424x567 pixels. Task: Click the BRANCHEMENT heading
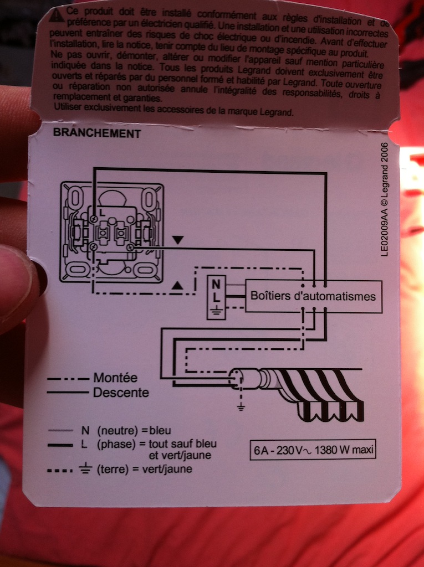[96, 133]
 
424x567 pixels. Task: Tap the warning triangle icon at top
[53, 17]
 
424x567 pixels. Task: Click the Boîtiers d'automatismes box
[313, 296]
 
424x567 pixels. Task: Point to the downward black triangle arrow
[177, 240]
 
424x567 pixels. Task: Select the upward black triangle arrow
[177, 286]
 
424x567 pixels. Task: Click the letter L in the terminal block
[216, 297]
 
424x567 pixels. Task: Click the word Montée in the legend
[115, 378]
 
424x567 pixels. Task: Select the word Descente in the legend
[121, 393]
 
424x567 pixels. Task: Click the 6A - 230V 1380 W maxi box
[313, 450]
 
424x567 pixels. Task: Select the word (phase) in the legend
[114, 444]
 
